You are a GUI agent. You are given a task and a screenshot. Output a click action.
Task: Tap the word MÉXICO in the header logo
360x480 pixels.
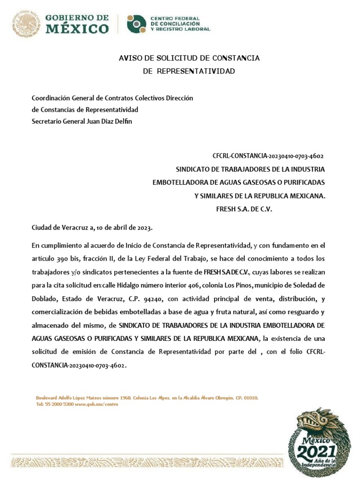tap(77, 29)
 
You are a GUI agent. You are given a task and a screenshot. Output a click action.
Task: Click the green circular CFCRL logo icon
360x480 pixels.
tap(136, 24)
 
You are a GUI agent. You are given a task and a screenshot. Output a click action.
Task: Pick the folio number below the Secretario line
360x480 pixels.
tap(268, 156)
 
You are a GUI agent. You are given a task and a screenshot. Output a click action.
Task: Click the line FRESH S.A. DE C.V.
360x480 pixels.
tap(244, 209)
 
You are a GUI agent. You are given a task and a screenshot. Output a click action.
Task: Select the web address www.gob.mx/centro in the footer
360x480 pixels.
tap(96, 404)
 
